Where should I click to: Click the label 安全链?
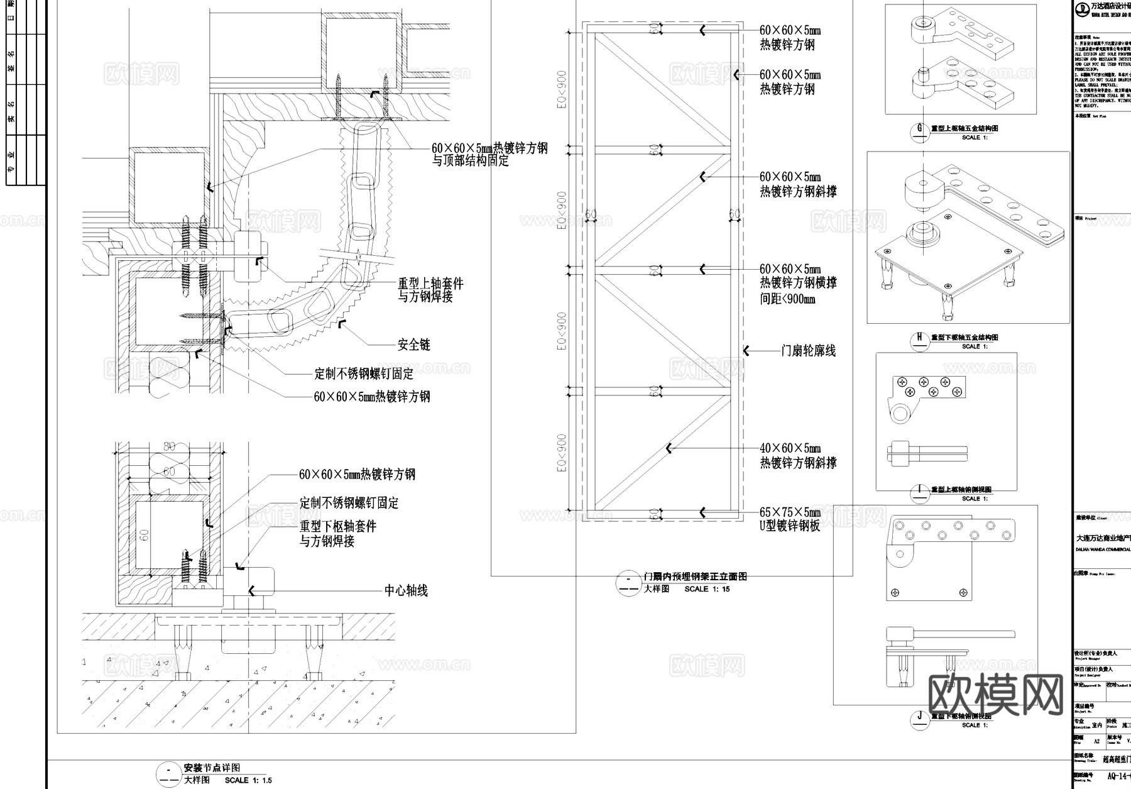coord(414,345)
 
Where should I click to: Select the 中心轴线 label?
coord(406,590)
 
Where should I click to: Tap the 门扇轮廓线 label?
coord(808,351)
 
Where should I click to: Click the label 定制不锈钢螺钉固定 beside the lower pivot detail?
coord(349,503)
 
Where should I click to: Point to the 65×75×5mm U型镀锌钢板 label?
coord(790,519)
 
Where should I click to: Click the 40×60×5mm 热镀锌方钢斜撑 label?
coord(797,456)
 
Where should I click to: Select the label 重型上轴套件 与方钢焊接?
coord(430,290)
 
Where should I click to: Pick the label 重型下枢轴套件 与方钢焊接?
coord(337,533)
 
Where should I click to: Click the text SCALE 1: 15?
coord(707,589)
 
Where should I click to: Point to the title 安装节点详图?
coord(212,768)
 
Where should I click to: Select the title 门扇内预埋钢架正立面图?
coord(695,577)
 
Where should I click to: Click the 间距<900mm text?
coord(787,299)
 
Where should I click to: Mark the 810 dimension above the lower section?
coord(169,448)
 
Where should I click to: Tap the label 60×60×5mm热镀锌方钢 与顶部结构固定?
coord(489,154)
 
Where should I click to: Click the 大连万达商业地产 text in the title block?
coord(1103,538)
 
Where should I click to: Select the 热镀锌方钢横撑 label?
coord(798,283)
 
